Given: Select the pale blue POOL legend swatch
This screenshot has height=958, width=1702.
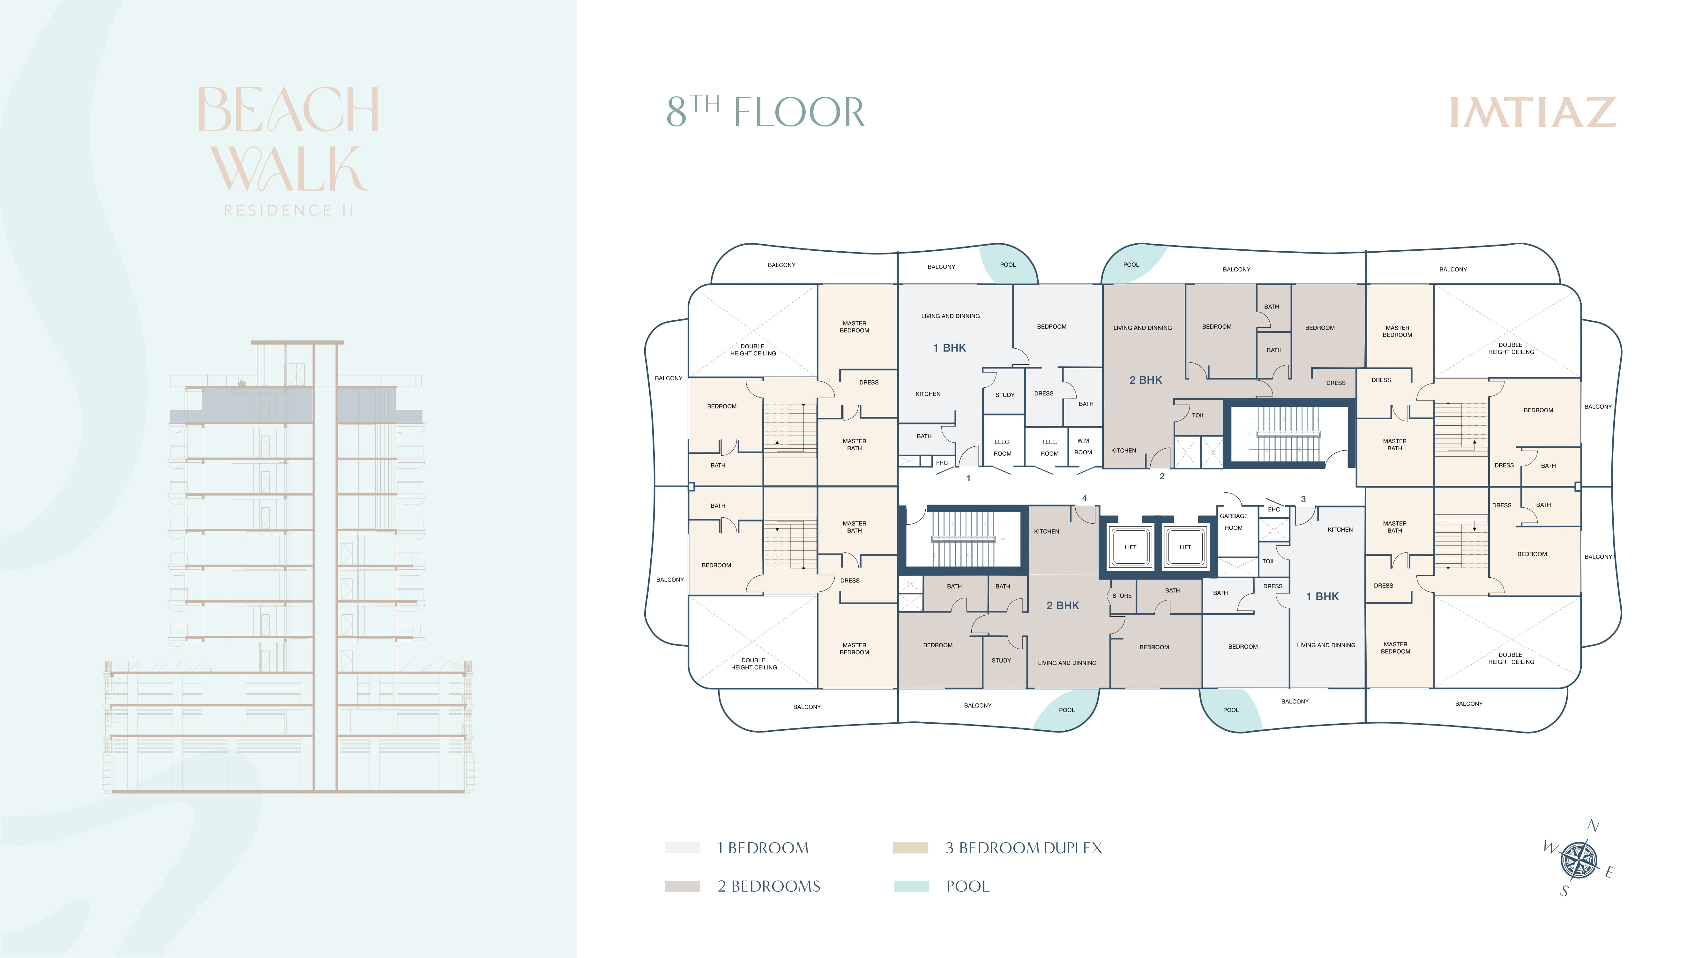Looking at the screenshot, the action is [911, 886].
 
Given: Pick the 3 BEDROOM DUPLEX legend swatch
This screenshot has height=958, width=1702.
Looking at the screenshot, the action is [910, 848].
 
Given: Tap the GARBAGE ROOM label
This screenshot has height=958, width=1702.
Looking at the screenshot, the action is [1234, 522].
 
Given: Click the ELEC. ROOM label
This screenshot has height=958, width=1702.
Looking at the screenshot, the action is [1002, 448].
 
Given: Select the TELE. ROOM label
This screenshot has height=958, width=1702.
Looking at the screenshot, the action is [1049, 448].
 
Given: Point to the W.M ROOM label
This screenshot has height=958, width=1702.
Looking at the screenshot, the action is [1083, 446].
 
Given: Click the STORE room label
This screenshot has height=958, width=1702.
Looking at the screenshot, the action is [1122, 596].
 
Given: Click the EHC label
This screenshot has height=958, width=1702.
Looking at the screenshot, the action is [1274, 509].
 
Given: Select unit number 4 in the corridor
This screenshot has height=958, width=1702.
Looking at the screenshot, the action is [1084, 498].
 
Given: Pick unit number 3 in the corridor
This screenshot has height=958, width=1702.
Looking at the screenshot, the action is [1303, 499].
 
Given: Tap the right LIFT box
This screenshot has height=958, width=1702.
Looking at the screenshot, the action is [1185, 547].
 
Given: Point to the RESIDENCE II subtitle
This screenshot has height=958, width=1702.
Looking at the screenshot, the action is [289, 210].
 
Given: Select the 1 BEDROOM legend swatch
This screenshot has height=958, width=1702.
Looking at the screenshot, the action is [683, 848].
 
